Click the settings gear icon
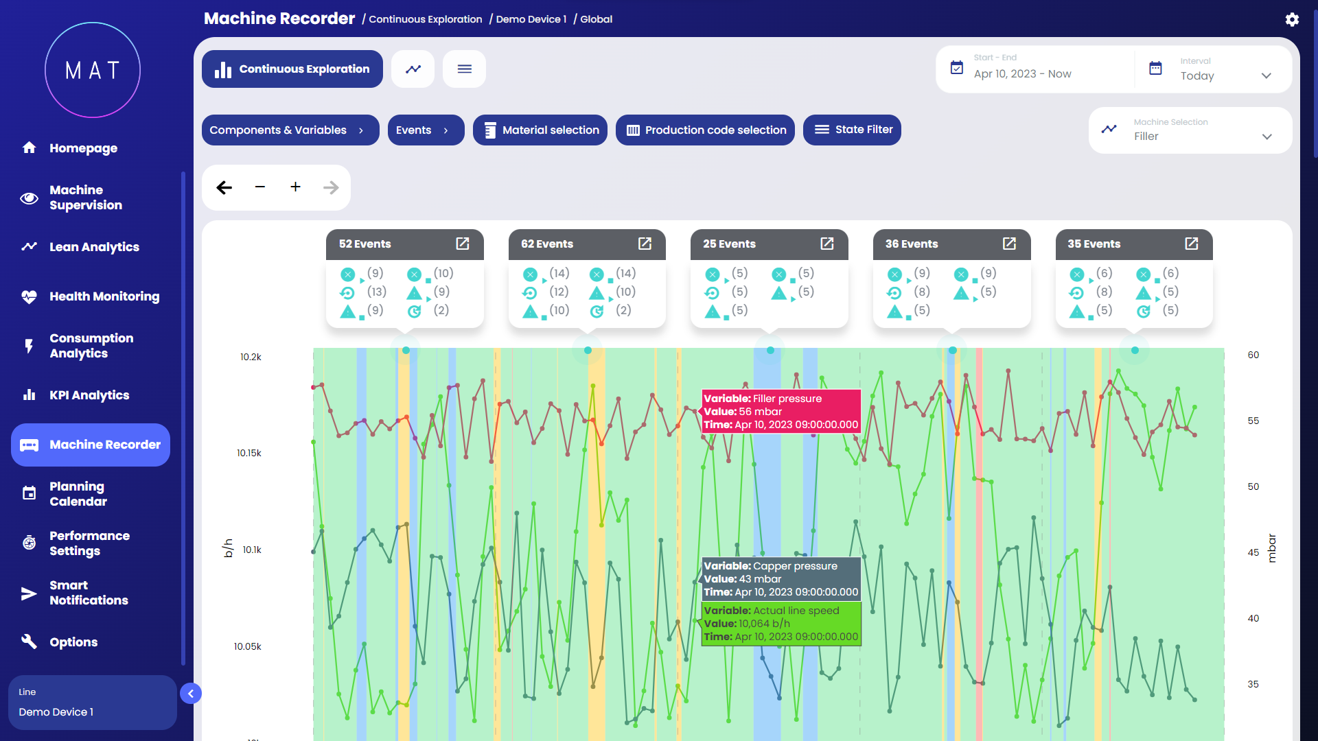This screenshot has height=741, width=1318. tap(1292, 19)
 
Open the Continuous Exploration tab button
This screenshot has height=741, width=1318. tap(292, 69)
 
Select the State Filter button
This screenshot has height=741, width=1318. tap(852, 130)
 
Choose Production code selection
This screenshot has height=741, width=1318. tap(705, 130)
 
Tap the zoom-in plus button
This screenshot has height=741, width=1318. tap(295, 187)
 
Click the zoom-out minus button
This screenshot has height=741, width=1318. tap(259, 187)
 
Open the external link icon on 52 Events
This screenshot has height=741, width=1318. tap(463, 244)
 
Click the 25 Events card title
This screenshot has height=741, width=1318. tap(729, 244)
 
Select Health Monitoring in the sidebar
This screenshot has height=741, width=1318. tap(104, 296)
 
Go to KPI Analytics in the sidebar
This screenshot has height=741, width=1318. tap(89, 395)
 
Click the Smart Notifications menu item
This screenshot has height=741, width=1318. tap(89, 593)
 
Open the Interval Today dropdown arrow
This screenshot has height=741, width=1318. tap(1266, 76)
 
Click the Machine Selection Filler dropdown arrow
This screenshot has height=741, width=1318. tap(1267, 137)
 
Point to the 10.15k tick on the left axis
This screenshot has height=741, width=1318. tap(249, 453)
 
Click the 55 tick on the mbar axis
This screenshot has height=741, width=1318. tap(1253, 421)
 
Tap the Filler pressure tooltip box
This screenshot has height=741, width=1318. tap(781, 411)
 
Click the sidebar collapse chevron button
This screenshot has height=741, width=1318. tap(191, 694)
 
